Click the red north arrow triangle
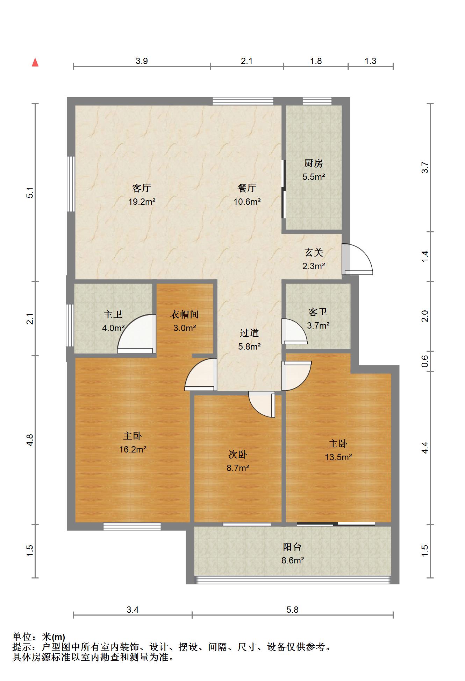(35, 63)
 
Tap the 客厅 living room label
(141, 188)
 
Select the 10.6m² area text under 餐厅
(247, 202)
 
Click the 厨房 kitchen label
(313, 163)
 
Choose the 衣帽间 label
(184, 314)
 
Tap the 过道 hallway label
(249, 333)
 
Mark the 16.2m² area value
(133, 449)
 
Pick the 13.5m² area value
(338, 457)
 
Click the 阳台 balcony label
(292, 547)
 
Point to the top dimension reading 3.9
(142, 61)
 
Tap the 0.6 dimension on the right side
(425, 361)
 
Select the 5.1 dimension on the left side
(30, 193)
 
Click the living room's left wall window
(71, 184)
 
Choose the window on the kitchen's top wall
(317, 101)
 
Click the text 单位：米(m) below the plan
(39, 637)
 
